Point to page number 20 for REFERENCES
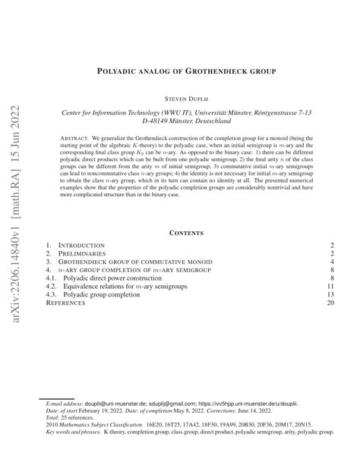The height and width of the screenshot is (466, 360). tap(330, 303)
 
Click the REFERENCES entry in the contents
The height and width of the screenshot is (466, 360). tap(66, 303)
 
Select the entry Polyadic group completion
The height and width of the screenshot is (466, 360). tap(109, 294)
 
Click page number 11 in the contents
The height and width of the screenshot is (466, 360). tap(330, 284)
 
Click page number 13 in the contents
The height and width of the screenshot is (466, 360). tap(330, 294)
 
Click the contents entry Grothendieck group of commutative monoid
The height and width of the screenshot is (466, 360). tap(134, 265)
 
